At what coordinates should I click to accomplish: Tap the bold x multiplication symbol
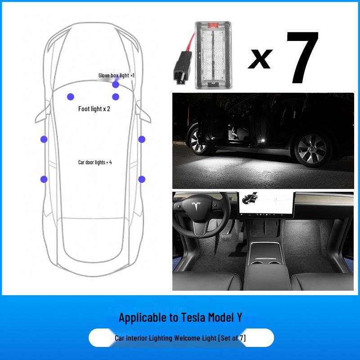coord(260,58)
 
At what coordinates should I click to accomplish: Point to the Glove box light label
coord(116,76)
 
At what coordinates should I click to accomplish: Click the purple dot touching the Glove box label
coord(116,85)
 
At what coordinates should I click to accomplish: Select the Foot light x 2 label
coord(94,109)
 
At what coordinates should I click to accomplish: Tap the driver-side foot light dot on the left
coord(70,96)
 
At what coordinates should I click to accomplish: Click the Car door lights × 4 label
coord(94,162)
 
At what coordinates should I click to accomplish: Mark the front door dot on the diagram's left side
coord(44,139)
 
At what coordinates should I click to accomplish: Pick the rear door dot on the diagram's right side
coord(142,179)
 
